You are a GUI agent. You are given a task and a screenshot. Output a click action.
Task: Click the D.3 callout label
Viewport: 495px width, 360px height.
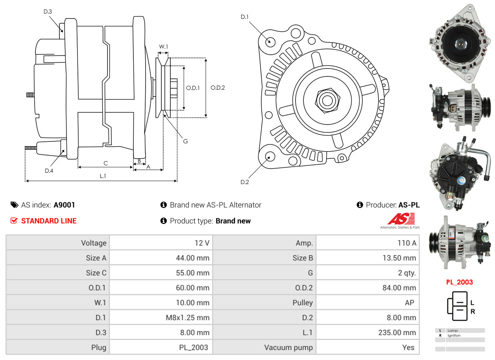48,11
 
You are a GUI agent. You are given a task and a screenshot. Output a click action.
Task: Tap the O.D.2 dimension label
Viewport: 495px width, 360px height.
218,87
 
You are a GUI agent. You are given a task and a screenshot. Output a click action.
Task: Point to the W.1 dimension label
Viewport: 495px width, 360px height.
163,46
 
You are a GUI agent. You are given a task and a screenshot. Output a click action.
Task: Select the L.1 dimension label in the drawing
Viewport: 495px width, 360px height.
103,176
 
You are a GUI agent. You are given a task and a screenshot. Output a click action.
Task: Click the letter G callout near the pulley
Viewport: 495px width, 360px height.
185,141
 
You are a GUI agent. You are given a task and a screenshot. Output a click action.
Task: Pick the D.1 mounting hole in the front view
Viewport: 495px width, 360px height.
270,41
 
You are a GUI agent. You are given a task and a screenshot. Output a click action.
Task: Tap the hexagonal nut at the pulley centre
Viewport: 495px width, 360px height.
327,100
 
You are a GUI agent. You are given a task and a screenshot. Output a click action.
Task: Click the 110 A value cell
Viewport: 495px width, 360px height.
368,243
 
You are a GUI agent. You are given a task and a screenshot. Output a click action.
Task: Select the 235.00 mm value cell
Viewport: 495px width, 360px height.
368,332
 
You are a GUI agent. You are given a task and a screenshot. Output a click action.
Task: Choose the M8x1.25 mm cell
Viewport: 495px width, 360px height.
161,317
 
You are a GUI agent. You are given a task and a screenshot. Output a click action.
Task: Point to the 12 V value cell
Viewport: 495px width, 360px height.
161,243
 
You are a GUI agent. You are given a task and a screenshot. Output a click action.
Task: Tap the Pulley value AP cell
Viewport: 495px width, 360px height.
368,302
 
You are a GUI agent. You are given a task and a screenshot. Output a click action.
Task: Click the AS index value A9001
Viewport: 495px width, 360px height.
64,205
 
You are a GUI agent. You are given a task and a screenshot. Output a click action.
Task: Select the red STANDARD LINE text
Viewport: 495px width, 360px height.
49,221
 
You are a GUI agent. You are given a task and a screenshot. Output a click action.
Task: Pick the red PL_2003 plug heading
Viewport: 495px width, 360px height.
459,282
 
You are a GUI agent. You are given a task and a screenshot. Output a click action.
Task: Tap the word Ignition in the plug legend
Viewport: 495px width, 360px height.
454,336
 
